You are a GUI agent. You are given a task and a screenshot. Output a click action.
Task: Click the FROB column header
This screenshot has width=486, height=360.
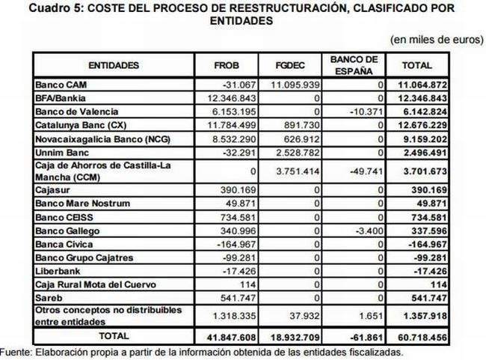coord(226,65)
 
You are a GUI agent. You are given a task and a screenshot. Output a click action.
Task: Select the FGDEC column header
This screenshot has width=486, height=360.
coord(289,65)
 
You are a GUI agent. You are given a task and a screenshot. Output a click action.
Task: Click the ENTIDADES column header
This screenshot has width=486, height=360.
coord(113,65)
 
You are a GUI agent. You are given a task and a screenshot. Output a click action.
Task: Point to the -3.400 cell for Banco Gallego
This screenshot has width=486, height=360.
coord(370,231)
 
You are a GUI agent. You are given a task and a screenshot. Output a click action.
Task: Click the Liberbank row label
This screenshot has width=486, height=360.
coord(56,271)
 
